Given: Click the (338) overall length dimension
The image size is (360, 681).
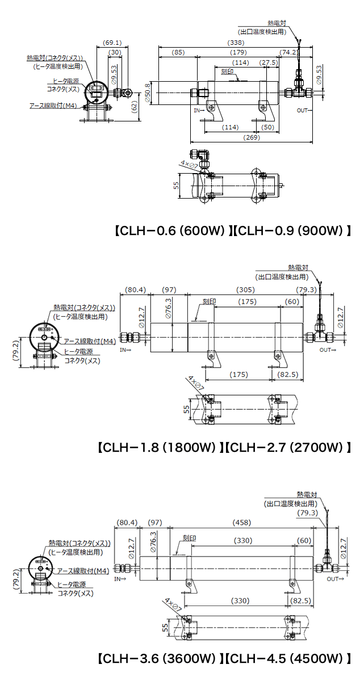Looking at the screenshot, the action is (x=236, y=43).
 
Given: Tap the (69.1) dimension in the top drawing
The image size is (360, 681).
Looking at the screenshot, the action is (x=112, y=43).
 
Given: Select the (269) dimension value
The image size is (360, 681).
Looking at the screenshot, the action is (x=252, y=137).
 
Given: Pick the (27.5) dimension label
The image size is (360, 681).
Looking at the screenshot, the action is (x=269, y=62).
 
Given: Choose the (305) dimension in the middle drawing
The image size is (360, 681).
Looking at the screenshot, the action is (x=245, y=290).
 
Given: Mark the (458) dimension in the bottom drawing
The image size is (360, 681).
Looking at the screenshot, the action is (x=242, y=522).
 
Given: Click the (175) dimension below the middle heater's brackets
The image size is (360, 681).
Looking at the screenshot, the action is (x=238, y=375).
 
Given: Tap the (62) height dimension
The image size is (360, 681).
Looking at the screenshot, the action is (x=134, y=107).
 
